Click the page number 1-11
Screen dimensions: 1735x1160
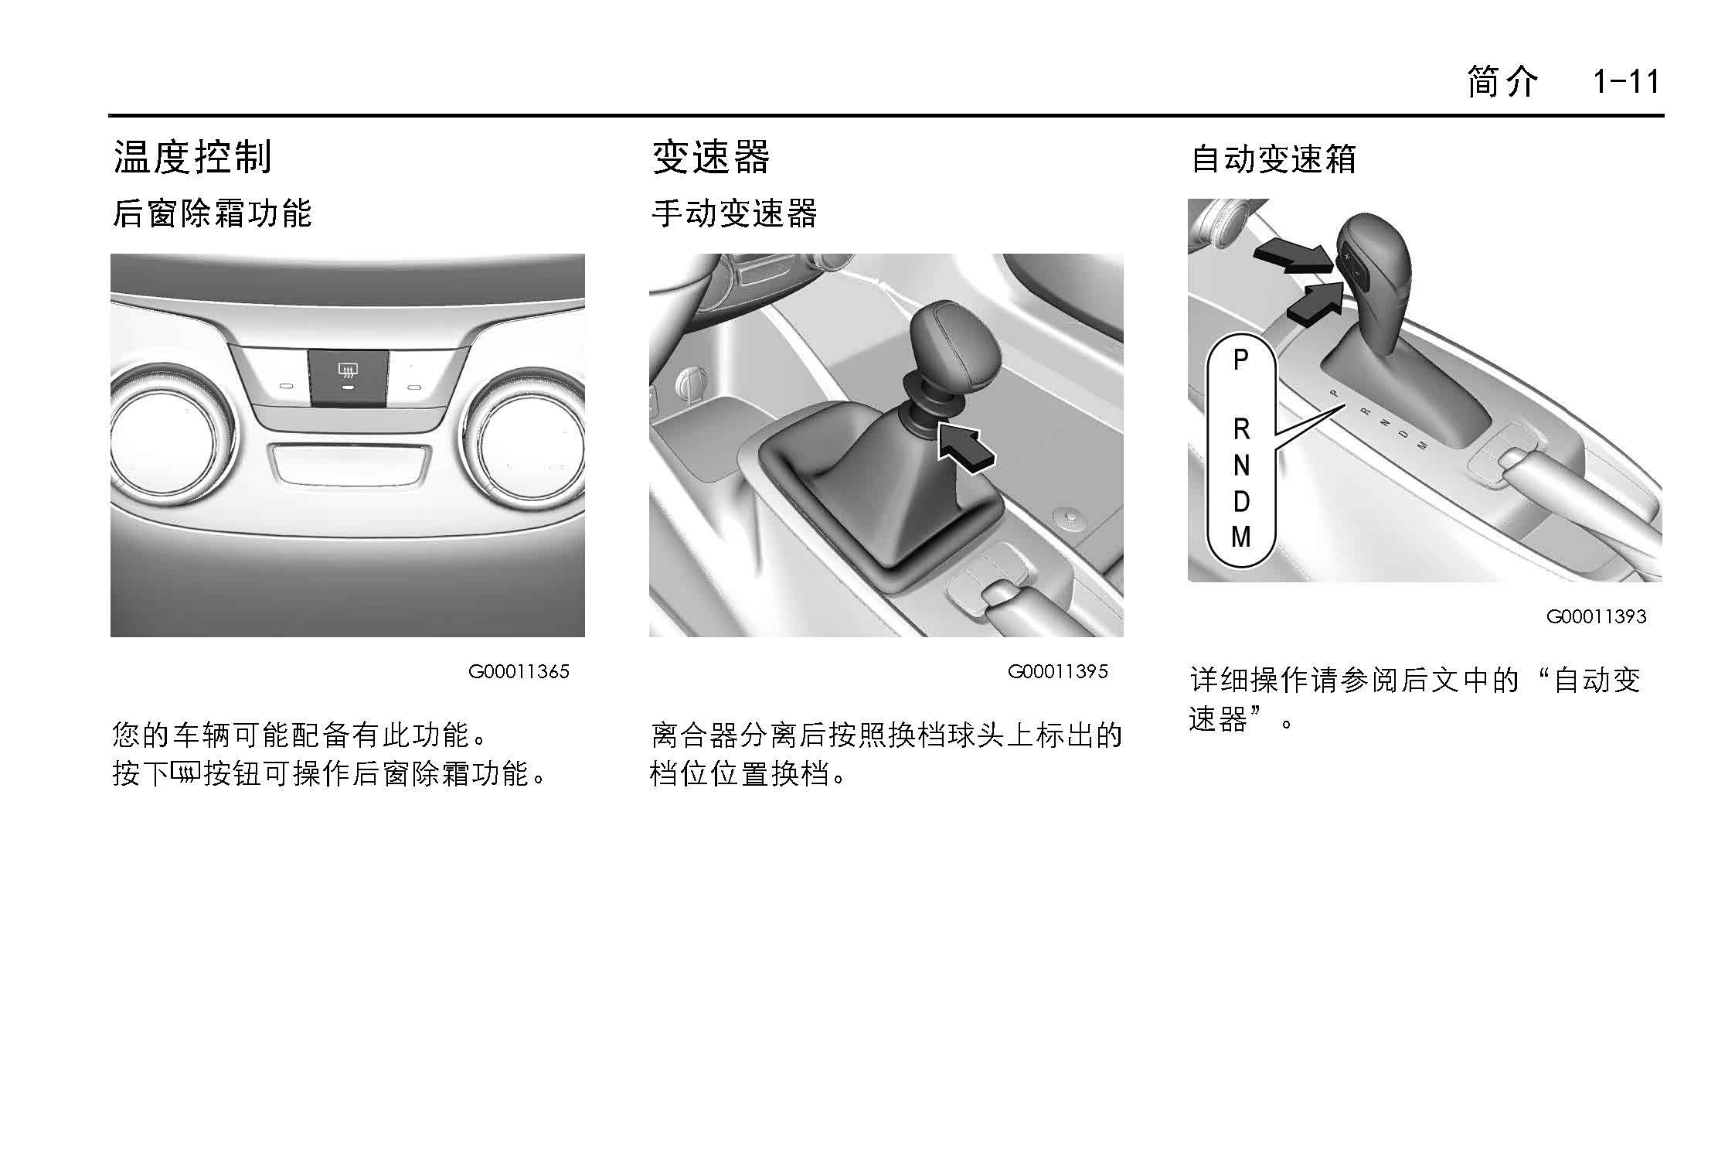coord(1626,81)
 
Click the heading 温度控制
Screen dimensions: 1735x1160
coord(192,157)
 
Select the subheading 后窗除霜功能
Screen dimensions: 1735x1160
coord(212,213)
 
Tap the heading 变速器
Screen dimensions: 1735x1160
coord(711,157)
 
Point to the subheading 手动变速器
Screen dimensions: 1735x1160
coord(734,213)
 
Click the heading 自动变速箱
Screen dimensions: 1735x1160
coord(1274,159)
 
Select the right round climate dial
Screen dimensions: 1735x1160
coord(526,439)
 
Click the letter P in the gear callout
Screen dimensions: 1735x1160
coord(1240,360)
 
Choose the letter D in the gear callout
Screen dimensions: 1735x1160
coord(1241,502)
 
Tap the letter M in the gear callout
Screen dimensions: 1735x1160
coord(1241,537)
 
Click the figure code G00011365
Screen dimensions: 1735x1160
coord(519,671)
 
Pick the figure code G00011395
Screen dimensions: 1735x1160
coord(1057,671)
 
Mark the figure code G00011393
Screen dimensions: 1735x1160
coord(1596,616)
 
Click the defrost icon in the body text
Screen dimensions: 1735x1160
coord(185,772)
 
